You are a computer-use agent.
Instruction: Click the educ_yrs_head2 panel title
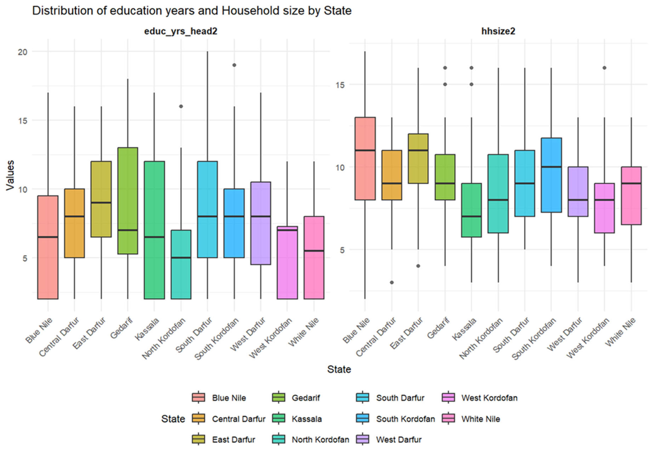pyautogui.click(x=181, y=31)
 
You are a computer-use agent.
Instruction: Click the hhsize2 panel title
pyautogui.click(x=498, y=31)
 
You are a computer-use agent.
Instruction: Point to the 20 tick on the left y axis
pyautogui.click(x=23, y=52)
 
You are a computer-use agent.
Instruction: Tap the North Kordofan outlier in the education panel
pyautogui.click(x=181, y=106)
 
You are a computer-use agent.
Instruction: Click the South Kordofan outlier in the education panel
pyautogui.click(x=234, y=65)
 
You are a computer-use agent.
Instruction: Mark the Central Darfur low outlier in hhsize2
pyautogui.click(x=391, y=282)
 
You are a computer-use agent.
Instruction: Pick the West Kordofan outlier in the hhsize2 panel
pyautogui.click(x=604, y=68)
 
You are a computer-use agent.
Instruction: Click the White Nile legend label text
pyautogui.click(x=481, y=419)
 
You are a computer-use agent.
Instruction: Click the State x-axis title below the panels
pyautogui.click(x=339, y=369)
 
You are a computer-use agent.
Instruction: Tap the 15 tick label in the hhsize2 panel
pyautogui.click(x=340, y=85)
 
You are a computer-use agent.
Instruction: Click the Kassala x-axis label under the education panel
pyautogui.click(x=147, y=329)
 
